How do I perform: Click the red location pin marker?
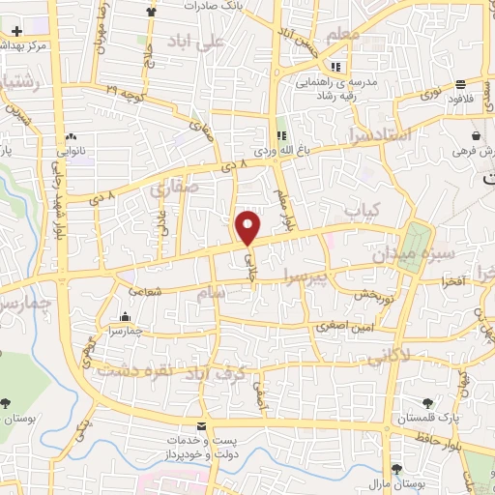(x=248, y=227)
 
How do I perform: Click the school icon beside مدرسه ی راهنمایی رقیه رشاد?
(x=335, y=67)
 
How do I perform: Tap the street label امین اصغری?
(x=341, y=327)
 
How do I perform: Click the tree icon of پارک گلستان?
(x=426, y=401)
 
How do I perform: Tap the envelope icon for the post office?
(x=201, y=425)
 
